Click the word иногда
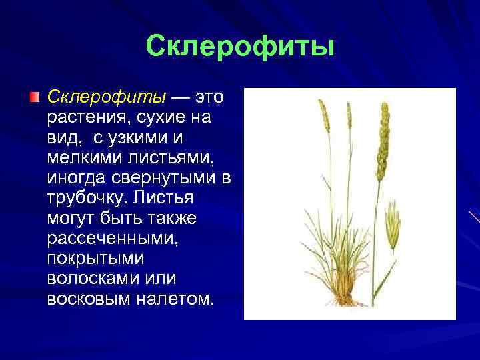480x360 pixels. click(75, 178)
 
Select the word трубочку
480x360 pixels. click(86, 198)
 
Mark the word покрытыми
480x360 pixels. click(89, 258)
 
